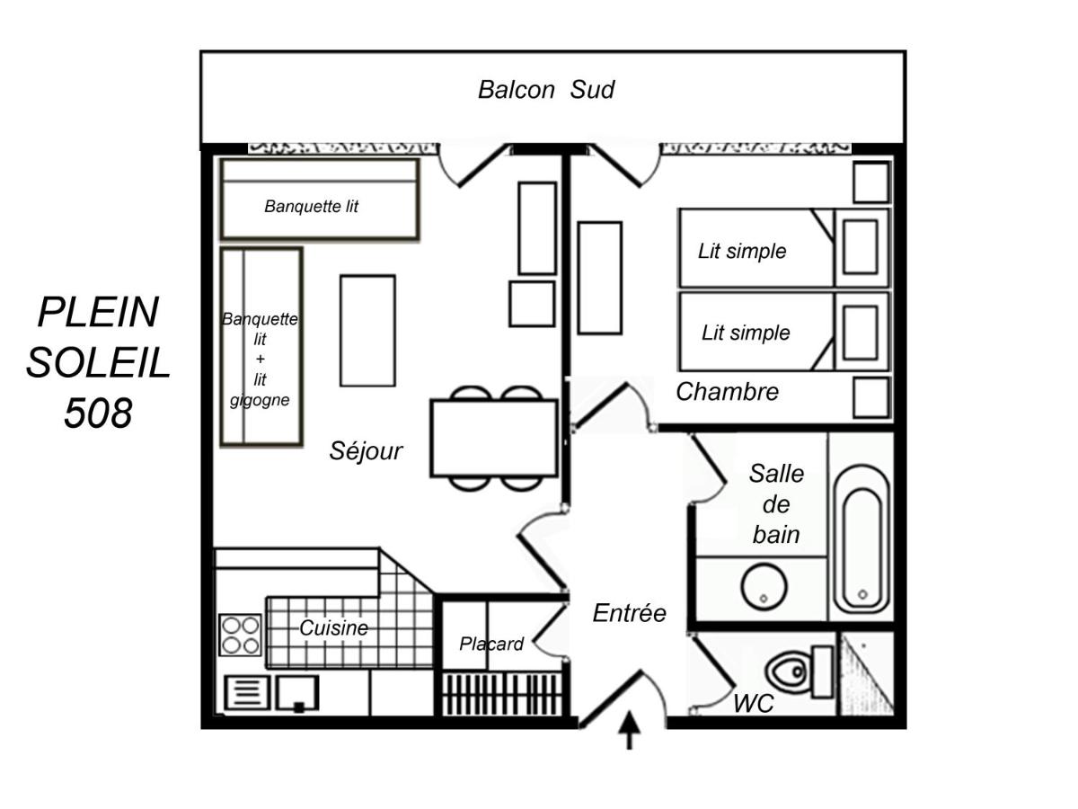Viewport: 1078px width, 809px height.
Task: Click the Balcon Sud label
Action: tap(545, 90)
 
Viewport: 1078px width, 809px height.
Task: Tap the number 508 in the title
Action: tap(98, 413)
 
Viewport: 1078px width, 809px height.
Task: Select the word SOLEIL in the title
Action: tap(98, 362)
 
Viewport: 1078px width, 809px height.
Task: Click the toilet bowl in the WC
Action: tap(788, 671)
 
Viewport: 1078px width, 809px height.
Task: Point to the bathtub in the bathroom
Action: tap(862, 539)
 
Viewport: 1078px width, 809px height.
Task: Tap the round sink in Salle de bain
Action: tap(764, 587)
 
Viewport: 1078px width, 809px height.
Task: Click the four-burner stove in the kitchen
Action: tap(240, 635)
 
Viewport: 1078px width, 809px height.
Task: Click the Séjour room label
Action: tap(366, 451)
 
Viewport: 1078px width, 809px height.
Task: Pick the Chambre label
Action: tap(728, 392)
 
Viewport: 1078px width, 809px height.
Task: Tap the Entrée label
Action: tap(629, 613)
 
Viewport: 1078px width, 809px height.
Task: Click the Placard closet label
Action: tap(491, 644)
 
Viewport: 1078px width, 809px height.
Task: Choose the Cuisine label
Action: tap(333, 627)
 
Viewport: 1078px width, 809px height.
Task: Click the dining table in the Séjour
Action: tap(494, 439)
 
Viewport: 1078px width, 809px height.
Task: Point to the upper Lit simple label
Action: tap(742, 252)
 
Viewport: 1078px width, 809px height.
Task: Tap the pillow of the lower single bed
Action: tap(861, 333)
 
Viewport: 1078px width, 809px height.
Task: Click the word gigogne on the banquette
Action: tap(260, 400)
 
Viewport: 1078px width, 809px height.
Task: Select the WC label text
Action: tap(754, 704)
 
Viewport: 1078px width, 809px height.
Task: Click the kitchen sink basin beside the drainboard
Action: tap(297, 693)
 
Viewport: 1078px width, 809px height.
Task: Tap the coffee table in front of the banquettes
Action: tap(367, 331)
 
